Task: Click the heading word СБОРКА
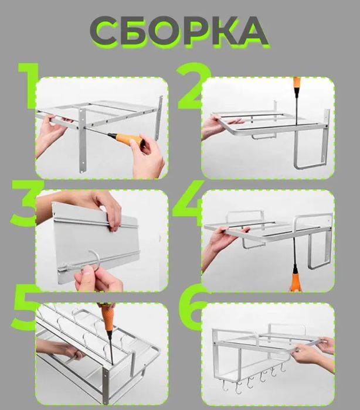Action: point(179,31)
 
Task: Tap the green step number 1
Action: point(28,86)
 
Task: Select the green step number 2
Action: point(194,86)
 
